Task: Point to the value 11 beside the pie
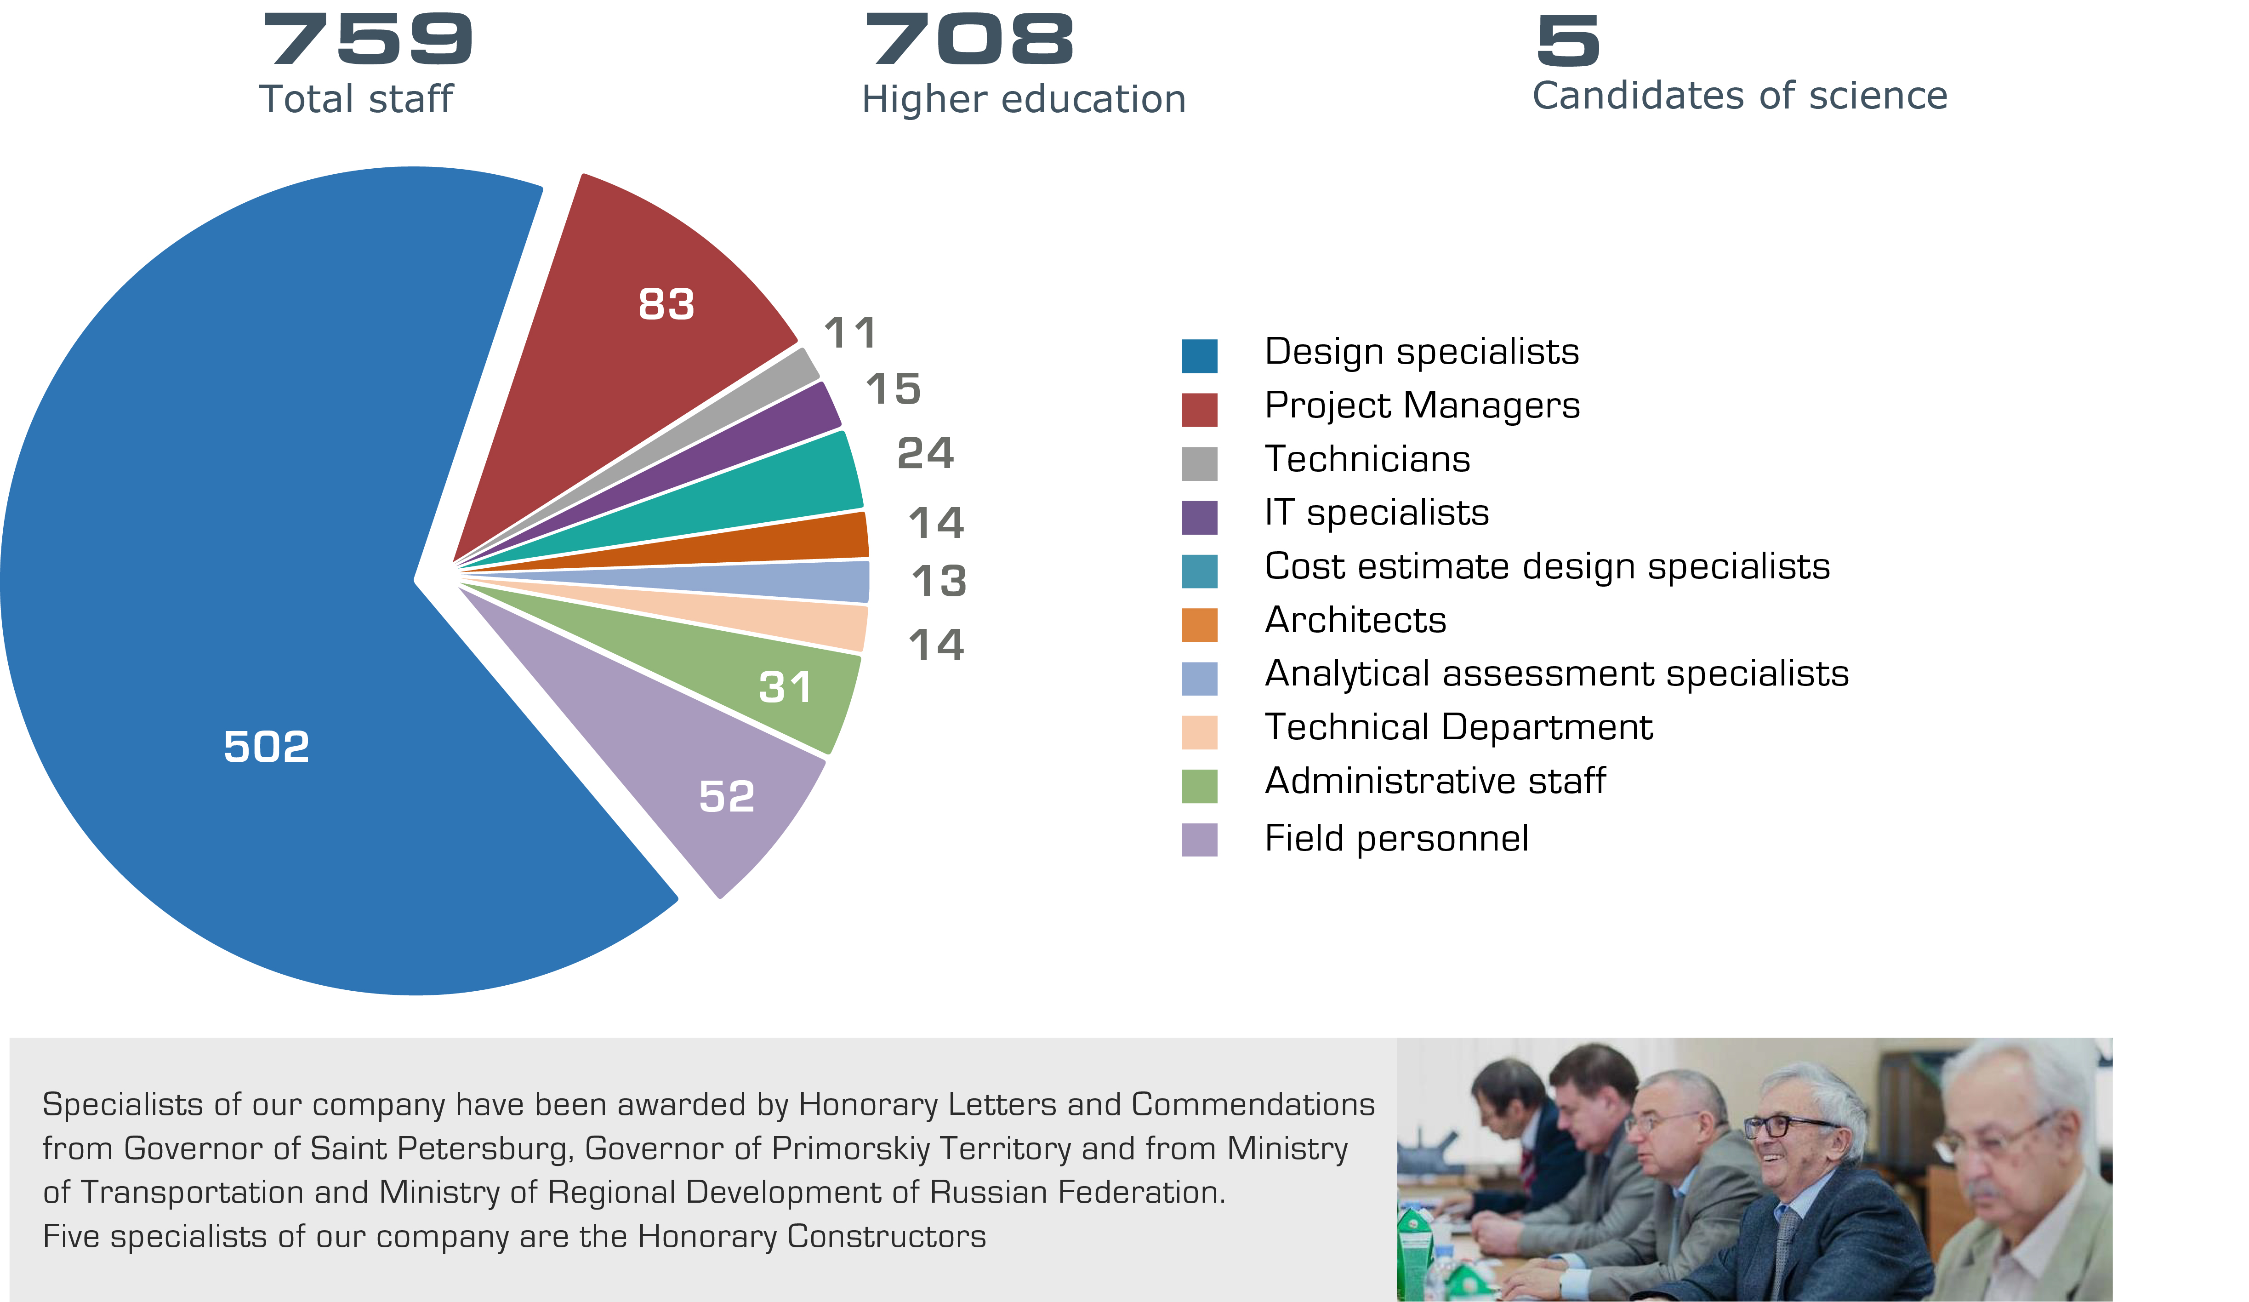(850, 334)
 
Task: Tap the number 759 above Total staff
(368, 40)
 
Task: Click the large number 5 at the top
(1568, 40)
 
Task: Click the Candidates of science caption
(1739, 96)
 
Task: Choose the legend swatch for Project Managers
(1200, 410)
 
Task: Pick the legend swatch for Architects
(1200, 625)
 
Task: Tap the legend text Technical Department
(1458, 727)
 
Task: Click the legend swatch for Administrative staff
(1200, 785)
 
